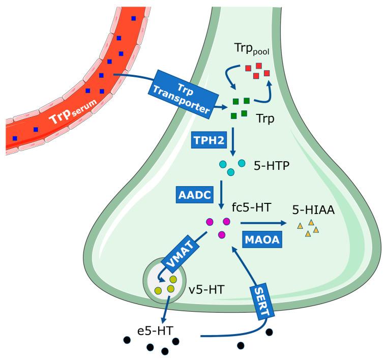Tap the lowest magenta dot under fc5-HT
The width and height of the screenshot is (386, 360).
click(x=222, y=234)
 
